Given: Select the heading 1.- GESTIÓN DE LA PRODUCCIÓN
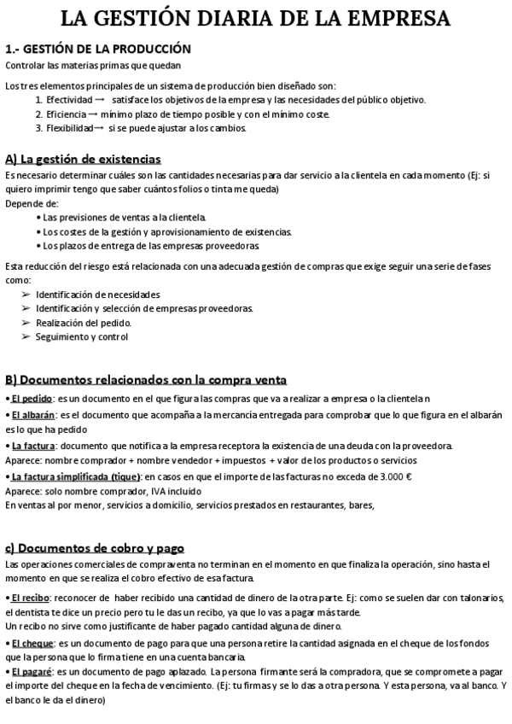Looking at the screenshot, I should coord(98,50).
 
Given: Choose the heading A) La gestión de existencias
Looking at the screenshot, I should coord(83,159).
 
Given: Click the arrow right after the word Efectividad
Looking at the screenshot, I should coord(100,99).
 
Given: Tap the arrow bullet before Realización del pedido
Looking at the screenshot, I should coord(26,323).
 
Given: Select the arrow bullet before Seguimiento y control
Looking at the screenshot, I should coord(26,336).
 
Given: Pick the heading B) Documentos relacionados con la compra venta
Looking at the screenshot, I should coord(146,379).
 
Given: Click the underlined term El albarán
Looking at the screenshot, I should coord(32,414).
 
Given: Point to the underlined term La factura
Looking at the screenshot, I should coord(33,446).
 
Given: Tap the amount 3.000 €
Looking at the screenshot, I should coord(394,476).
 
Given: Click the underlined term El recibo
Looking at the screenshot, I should coord(31,598).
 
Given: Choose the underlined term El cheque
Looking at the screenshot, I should coord(32,642).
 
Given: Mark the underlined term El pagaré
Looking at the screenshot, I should coord(32,672).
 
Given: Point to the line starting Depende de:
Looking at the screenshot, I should coord(32,203).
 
